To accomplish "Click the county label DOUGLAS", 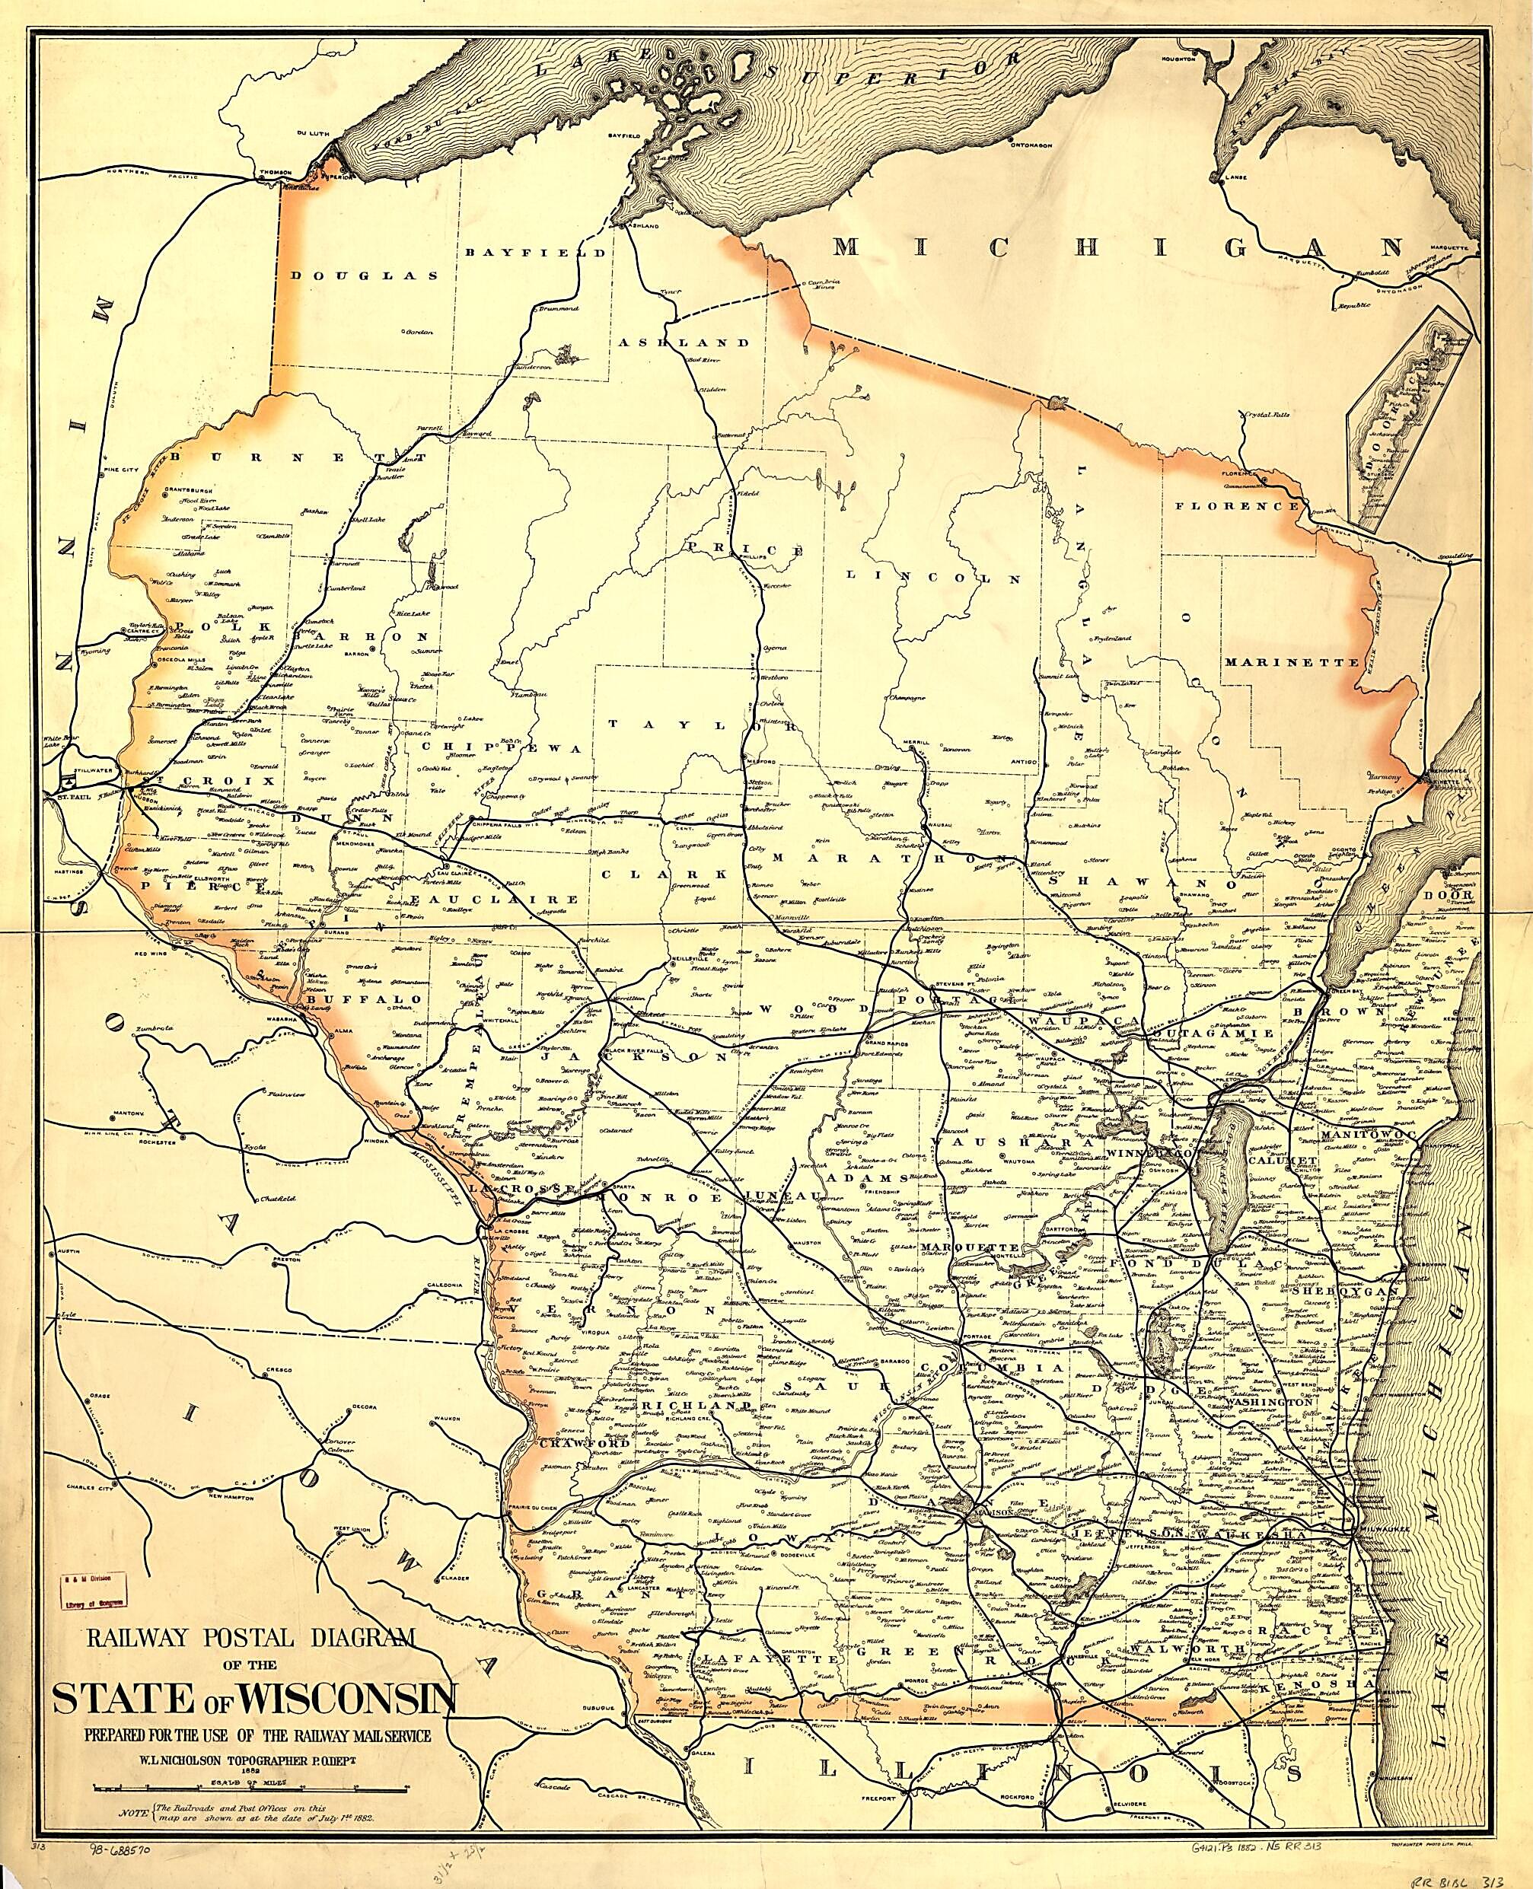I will (365, 276).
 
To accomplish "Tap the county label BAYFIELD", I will (536, 253).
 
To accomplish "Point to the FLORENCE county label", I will (1236, 507).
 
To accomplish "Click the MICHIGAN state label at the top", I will (1117, 247).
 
